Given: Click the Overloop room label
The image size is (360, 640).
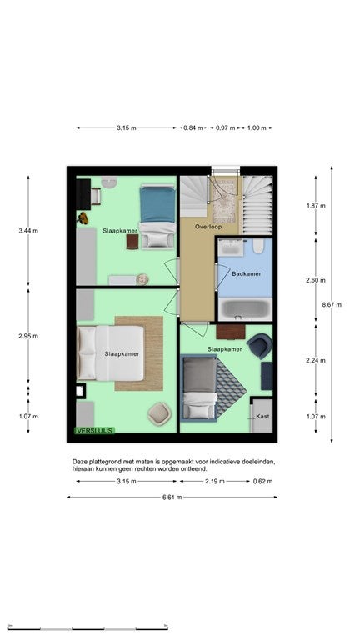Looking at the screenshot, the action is pyautogui.click(x=208, y=226).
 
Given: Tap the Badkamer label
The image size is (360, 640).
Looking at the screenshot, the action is pyautogui.click(x=246, y=273).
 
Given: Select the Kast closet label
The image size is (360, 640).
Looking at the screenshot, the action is pyautogui.click(x=262, y=417).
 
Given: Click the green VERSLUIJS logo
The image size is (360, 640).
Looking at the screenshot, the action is pyautogui.click(x=94, y=430).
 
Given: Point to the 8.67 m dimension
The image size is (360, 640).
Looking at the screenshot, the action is pyautogui.click(x=332, y=304).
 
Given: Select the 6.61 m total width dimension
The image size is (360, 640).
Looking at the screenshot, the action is pyautogui.click(x=172, y=497).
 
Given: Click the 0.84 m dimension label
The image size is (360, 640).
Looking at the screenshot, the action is pyautogui.click(x=192, y=127).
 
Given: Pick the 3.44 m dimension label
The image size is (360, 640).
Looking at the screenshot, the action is pyautogui.click(x=28, y=231).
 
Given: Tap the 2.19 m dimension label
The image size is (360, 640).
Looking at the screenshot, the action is pyautogui.click(x=215, y=481).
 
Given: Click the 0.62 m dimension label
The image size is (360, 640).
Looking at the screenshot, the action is pyautogui.click(x=262, y=481).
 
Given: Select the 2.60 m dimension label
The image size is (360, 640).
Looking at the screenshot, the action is pyautogui.click(x=316, y=280).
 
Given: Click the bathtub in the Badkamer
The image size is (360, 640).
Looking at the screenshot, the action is pyautogui.click(x=246, y=308).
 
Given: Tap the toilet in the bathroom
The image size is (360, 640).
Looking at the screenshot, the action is pyautogui.click(x=258, y=246).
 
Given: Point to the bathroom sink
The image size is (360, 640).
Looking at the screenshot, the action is pyautogui.click(x=230, y=247).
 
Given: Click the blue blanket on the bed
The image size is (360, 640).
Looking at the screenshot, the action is pyautogui.click(x=157, y=204).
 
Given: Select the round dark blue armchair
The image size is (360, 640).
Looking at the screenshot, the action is pyautogui.click(x=260, y=346).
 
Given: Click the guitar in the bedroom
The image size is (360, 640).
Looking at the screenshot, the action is pyautogui.click(x=82, y=218).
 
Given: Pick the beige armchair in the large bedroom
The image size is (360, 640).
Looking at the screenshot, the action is pyautogui.click(x=159, y=413).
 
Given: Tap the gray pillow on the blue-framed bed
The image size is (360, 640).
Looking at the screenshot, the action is pyautogui.click(x=200, y=374).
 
